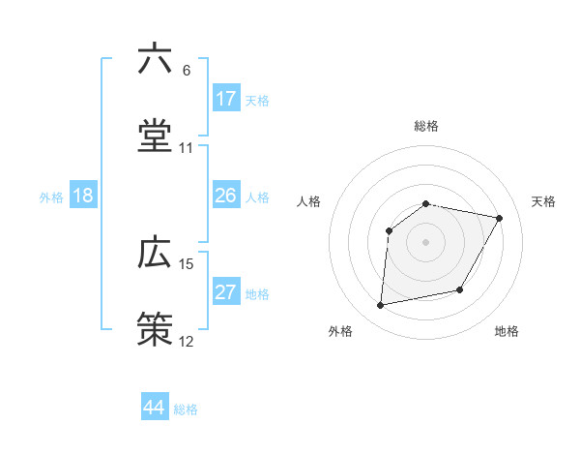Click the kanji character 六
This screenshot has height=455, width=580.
point(155,60)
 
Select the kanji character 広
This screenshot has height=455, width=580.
point(155,253)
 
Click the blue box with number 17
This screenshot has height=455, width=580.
point(226,99)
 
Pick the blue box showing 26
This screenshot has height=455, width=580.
point(226,196)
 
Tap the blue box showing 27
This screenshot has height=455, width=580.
point(226,292)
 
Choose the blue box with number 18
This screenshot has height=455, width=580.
point(83,196)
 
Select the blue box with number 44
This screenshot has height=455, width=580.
point(155,408)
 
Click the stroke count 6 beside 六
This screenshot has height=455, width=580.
point(187,71)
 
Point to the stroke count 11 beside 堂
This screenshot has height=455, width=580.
point(187,148)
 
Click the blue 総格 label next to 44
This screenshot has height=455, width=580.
point(186,409)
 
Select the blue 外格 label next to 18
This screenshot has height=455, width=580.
point(51,197)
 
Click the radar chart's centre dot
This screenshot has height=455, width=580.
point(425,241)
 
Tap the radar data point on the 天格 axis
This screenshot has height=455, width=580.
point(500,219)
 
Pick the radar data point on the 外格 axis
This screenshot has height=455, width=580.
point(381,306)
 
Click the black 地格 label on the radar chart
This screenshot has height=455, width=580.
point(507,332)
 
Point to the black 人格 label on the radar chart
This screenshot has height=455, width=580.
point(309,201)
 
